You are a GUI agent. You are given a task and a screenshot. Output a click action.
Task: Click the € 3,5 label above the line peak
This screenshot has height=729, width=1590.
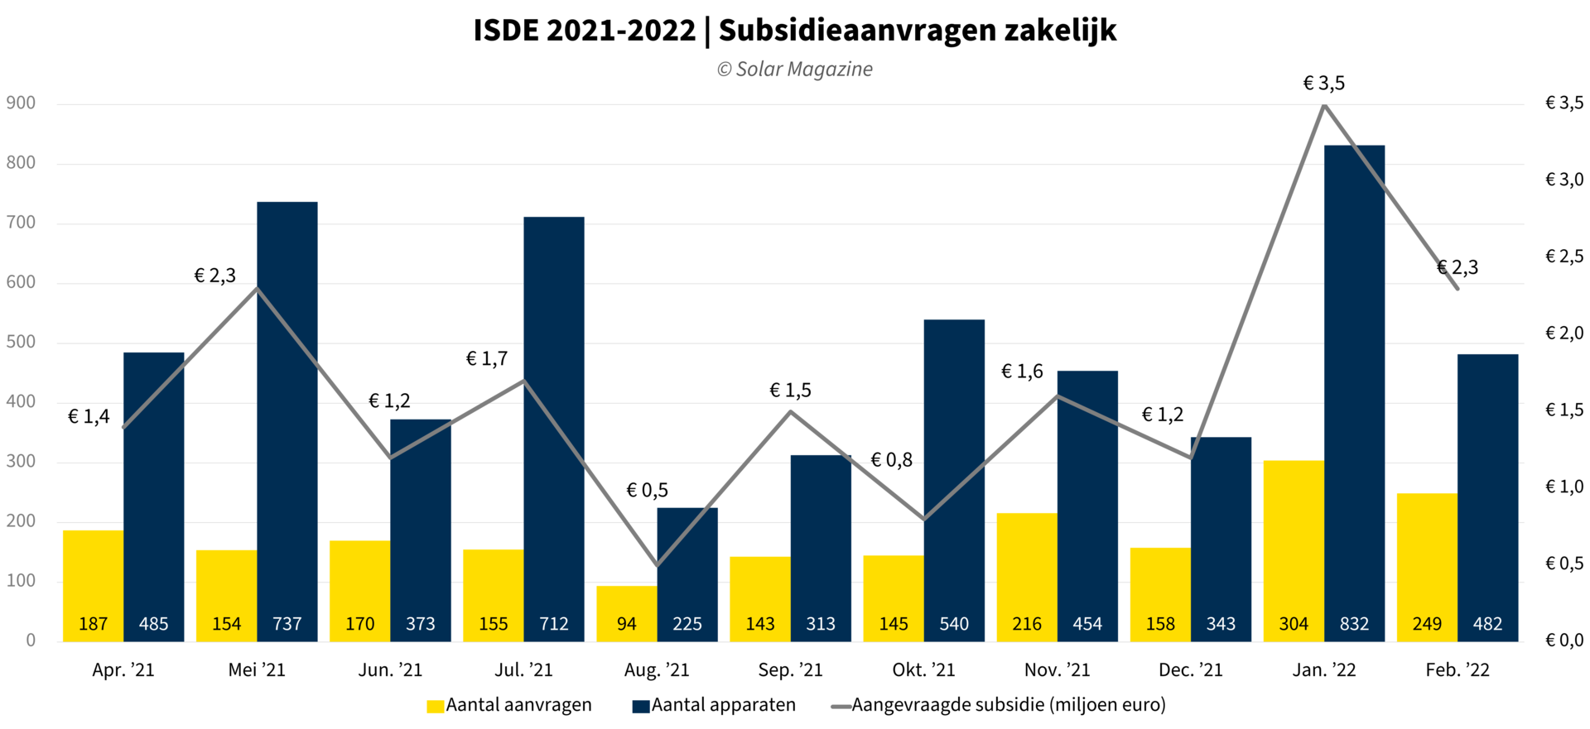pyautogui.click(x=1323, y=84)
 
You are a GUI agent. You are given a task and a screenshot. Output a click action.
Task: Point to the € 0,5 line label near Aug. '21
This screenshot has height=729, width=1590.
pyautogui.click(x=647, y=491)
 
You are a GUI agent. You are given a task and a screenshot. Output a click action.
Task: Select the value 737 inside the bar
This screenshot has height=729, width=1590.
pyautogui.click(x=287, y=624)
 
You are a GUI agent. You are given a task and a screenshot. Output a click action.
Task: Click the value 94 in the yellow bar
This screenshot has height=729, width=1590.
pyautogui.click(x=627, y=624)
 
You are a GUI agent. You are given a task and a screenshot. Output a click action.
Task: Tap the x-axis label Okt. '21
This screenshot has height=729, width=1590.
pyautogui.click(x=923, y=670)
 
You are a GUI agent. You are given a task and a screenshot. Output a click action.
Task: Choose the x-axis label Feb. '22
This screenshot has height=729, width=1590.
pyautogui.click(x=1457, y=670)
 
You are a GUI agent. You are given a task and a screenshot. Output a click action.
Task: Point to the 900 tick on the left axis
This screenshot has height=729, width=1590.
pyautogui.click(x=21, y=103)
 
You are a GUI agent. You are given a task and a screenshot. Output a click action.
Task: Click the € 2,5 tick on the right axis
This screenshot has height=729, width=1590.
pyautogui.click(x=1563, y=257)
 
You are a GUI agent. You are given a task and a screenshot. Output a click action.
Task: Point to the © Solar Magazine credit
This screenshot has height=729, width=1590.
pyautogui.click(x=794, y=70)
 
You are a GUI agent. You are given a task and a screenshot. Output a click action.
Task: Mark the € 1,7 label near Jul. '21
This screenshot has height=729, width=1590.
pyautogui.click(x=486, y=359)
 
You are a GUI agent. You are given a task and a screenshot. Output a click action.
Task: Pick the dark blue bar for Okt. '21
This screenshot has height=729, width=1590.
pyautogui.click(x=954, y=480)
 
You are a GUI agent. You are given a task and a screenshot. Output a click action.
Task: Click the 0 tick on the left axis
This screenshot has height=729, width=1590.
pyautogui.click(x=31, y=640)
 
